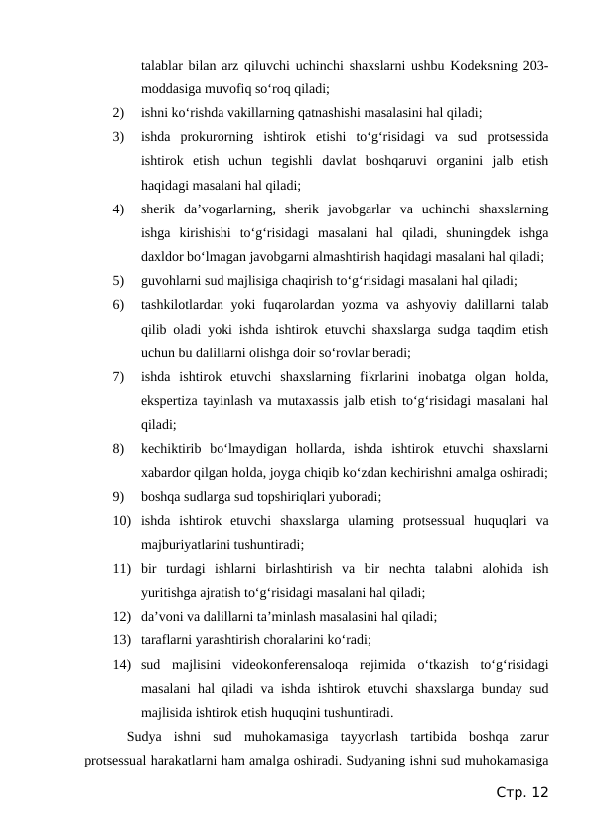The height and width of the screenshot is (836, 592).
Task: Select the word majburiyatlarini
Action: pyautogui.click(x=190, y=543)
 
